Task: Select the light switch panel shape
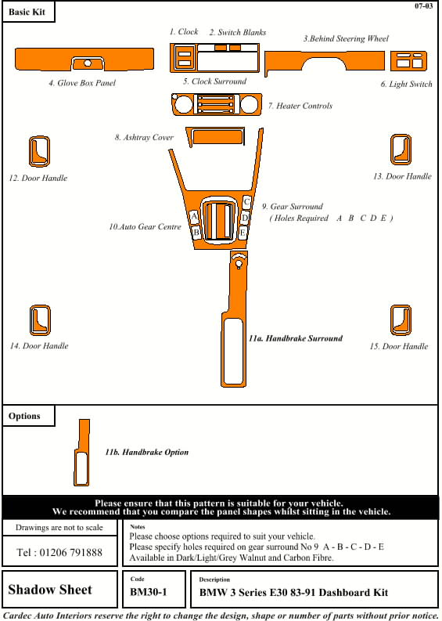pos(409,61)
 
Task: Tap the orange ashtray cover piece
pos(216,136)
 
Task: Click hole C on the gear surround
pos(246,202)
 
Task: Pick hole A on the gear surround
pos(194,217)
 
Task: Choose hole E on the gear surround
pos(243,233)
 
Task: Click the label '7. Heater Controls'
pos(300,106)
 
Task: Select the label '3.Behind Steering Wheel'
pos(346,38)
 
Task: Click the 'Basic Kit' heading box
pos(28,12)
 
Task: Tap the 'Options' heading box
pos(28,416)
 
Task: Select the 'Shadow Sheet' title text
pos(50,590)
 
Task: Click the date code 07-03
pos(424,6)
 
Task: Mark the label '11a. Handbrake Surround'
pos(296,338)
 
